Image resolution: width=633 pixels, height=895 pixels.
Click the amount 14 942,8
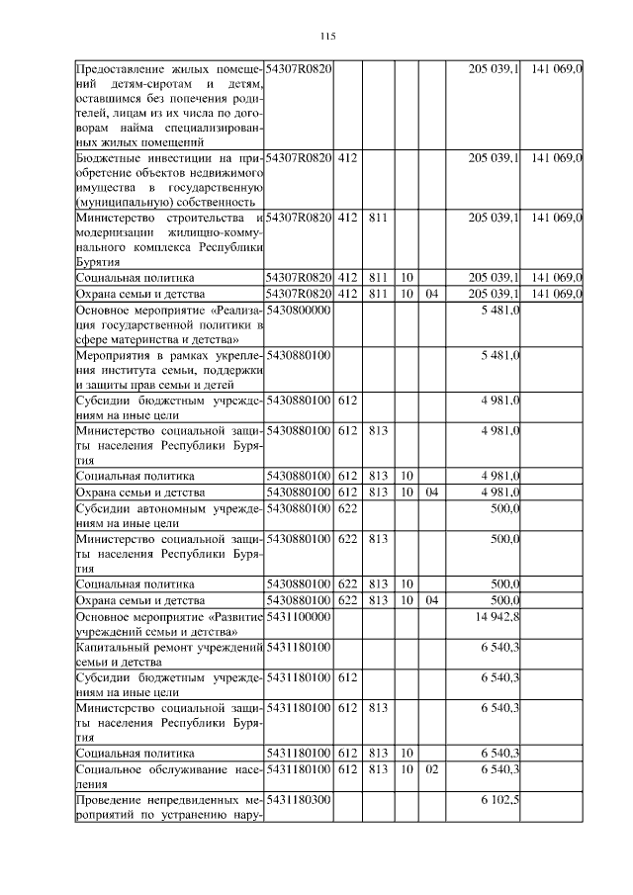point(500,615)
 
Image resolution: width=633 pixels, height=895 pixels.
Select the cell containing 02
point(430,768)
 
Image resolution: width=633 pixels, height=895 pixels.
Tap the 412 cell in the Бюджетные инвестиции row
point(347,157)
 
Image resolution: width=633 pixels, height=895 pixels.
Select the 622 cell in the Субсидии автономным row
point(347,508)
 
